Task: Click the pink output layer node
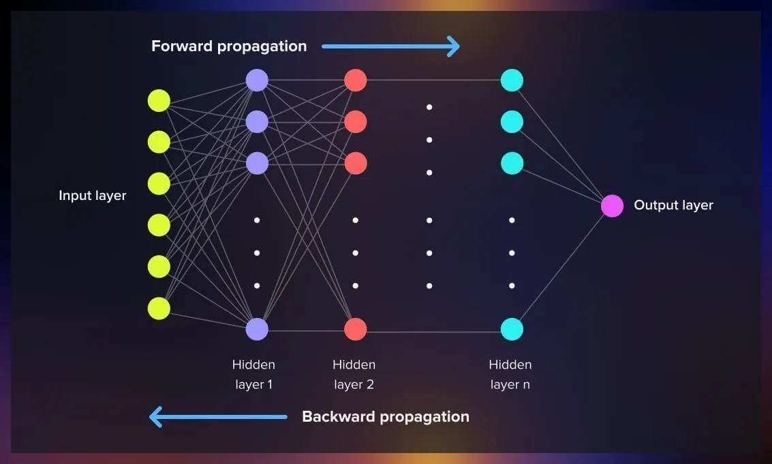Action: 612,205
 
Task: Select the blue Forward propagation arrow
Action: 391,47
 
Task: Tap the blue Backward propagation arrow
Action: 218,416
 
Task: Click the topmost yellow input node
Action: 159,101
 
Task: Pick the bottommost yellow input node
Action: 159,308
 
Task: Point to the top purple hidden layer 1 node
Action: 257,81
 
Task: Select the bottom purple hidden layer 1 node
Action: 257,329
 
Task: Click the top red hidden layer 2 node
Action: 355,81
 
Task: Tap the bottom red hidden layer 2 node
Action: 355,329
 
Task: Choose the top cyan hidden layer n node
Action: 512,81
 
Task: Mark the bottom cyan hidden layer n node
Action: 512,329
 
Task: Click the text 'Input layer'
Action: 93,196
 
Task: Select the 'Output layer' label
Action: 673,205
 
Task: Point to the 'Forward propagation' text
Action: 229,46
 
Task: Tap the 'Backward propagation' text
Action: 386,416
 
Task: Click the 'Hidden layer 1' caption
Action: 253,375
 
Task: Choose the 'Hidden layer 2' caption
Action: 354,375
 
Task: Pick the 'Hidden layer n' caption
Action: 510,375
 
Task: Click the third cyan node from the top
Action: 512,163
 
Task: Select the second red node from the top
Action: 355,122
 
